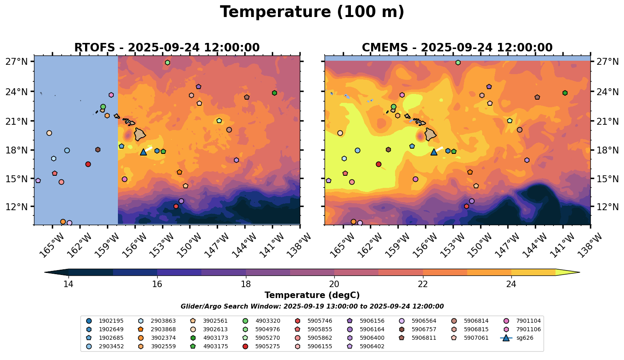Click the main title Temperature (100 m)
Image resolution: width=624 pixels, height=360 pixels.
[312, 12]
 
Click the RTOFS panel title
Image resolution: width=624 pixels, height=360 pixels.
[167, 48]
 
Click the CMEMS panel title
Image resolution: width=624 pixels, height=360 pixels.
[457, 48]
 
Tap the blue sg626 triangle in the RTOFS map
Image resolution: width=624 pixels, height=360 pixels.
[143, 152]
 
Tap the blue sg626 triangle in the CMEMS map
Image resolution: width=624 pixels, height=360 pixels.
[434, 152]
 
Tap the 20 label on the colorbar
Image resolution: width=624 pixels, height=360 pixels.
[334, 284]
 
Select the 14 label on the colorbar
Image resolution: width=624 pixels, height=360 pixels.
[68, 284]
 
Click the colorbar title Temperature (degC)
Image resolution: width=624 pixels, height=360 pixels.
[312, 295]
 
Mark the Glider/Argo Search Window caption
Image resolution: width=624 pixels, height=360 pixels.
[312, 307]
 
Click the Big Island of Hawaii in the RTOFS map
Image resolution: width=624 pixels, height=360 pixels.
[140, 134]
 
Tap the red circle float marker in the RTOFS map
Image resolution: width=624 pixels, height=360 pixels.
[88, 164]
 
